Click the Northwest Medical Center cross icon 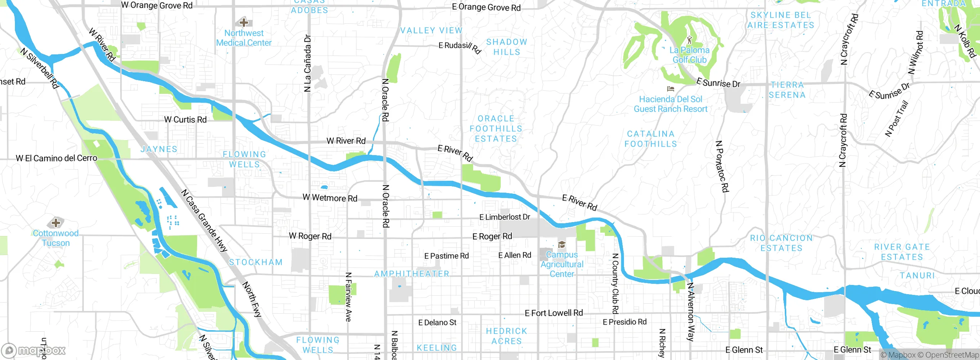[243, 22]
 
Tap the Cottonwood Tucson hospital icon [56, 223]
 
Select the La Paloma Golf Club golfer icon [690, 39]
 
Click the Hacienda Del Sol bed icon [670, 89]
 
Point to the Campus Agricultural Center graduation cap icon [562, 245]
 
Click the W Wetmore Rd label [330, 198]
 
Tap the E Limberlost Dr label [505, 217]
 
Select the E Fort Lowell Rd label [554, 313]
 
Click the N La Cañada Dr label [307, 63]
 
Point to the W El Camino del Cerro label [56, 158]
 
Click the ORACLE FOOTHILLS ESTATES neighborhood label [496, 129]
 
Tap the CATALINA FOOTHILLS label [650, 139]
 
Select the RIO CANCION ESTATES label [781, 243]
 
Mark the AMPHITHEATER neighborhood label [412, 274]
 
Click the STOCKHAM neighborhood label [256, 262]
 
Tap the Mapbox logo [34, 350]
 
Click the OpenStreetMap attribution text [952, 355]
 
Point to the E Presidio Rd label [624, 322]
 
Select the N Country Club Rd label [615, 283]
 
